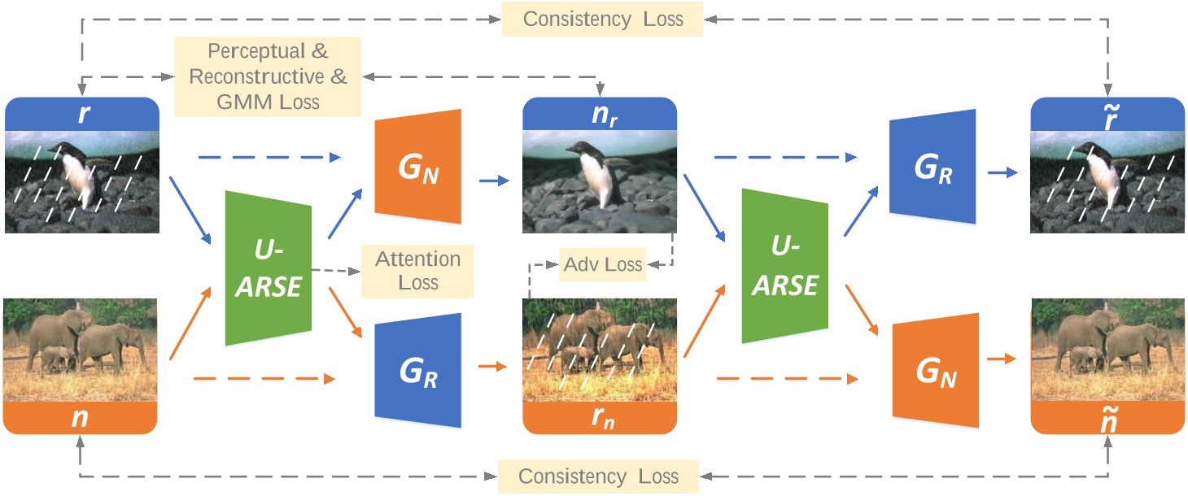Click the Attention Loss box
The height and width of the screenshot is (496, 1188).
(417, 272)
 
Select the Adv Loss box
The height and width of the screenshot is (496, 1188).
(602, 264)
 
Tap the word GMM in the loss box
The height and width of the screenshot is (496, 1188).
(244, 102)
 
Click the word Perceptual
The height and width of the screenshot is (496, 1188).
(256, 51)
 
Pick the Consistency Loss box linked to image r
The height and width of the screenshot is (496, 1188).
(602, 19)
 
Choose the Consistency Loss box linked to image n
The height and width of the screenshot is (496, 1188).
(598, 476)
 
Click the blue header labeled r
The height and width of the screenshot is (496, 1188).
(82, 113)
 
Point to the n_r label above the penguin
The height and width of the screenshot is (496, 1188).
(604, 115)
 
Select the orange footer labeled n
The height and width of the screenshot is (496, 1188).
(80, 418)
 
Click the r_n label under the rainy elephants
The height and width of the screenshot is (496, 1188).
(603, 418)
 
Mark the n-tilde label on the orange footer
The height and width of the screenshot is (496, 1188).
(1108, 420)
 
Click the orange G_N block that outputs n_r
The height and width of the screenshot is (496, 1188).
(418, 167)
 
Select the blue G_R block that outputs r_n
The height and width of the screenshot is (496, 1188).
(418, 371)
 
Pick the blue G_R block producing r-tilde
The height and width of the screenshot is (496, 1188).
(932, 167)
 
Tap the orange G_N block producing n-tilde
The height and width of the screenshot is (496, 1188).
(936, 371)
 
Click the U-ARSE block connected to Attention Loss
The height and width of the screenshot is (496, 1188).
(269, 268)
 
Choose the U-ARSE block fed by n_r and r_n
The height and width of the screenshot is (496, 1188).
(785, 266)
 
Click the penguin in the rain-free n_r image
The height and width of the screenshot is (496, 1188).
(594, 174)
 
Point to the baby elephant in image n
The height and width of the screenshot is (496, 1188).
(55, 359)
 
